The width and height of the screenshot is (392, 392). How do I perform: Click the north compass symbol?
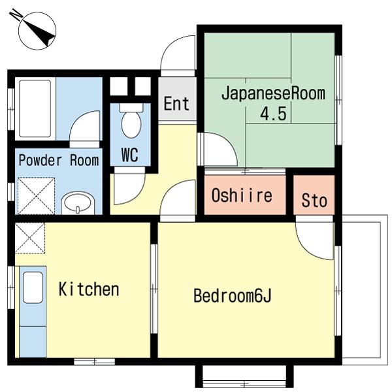tap(37, 29)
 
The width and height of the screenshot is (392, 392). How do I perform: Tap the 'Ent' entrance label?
tap(176, 103)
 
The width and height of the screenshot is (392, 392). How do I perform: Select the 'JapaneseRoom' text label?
tap(272, 93)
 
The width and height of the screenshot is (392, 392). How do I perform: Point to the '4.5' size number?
tap(273, 114)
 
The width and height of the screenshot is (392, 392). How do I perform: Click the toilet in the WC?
tap(131, 122)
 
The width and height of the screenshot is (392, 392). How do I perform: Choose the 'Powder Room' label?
tap(58, 160)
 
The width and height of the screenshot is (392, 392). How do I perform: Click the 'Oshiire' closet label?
tap(241, 195)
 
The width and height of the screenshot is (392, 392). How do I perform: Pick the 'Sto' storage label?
tap(314, 201)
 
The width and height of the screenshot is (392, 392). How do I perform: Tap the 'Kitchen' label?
tap(89, 289)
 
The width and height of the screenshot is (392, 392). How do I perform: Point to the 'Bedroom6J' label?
tap(232, 297)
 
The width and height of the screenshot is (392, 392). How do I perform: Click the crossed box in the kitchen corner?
tap(29, 238)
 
